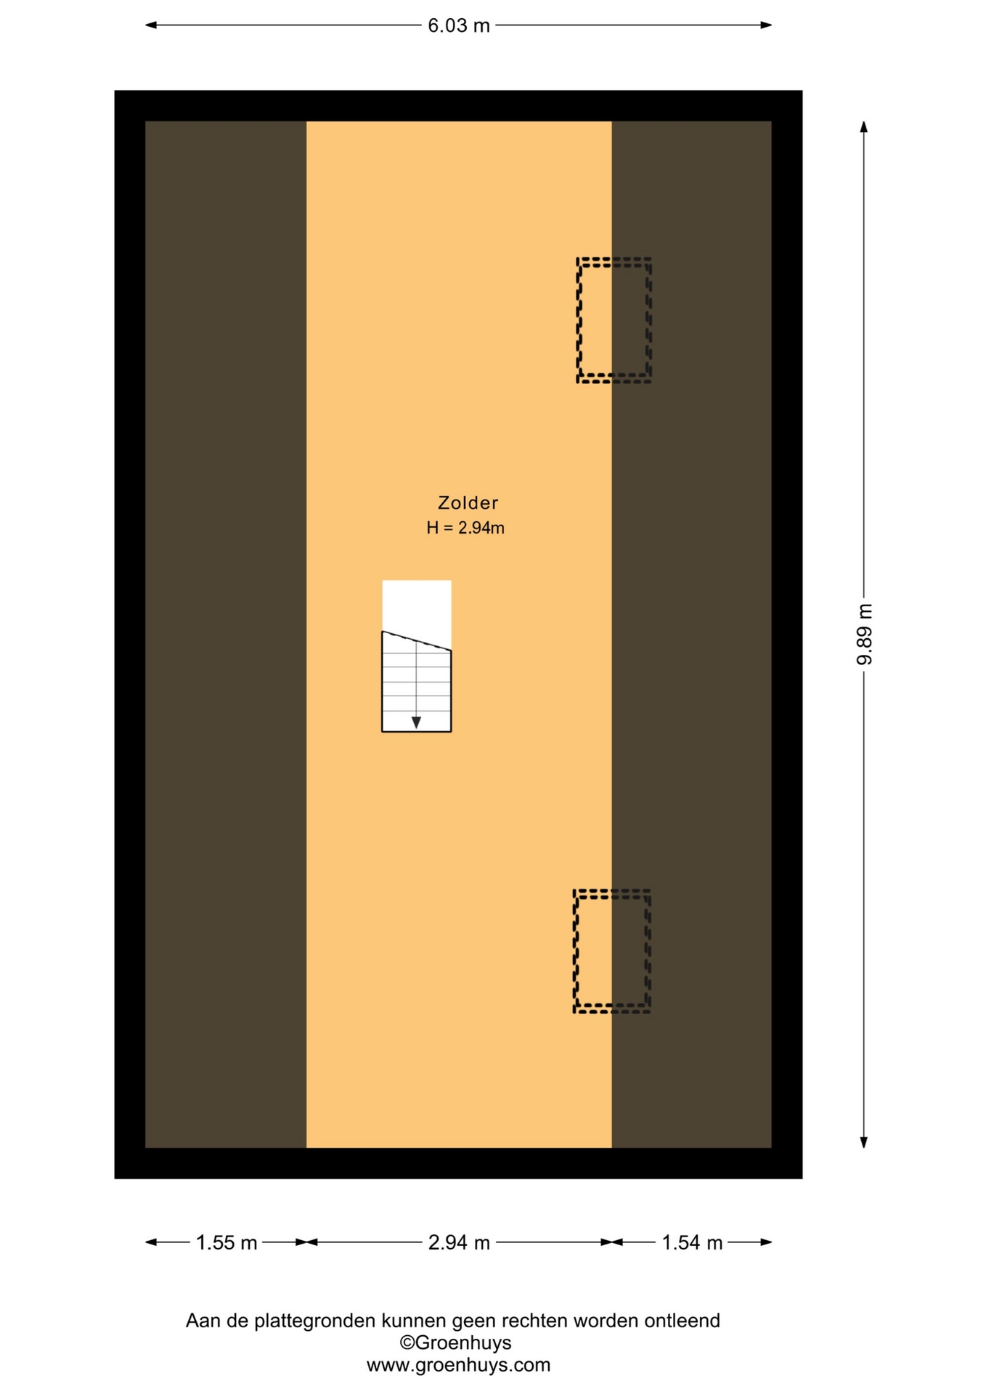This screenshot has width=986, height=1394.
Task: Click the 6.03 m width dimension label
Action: [x=458, y=25]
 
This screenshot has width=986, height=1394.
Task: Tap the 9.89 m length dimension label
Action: [x=864, y=634]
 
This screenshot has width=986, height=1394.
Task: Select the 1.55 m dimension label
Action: [x=227, y=1243]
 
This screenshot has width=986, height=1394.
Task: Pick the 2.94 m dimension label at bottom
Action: [x=459, y=1243]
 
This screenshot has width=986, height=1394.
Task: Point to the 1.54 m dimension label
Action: [x=692, y=1243]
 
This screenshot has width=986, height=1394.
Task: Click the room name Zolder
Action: [x=468, y=502]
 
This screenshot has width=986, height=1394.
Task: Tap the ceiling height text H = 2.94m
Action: [x=465, y=528]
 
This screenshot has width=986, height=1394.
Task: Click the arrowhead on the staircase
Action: [x=416, y=722]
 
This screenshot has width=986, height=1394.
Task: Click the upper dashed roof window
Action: [x=578, y=320]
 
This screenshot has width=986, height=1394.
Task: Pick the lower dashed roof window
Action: [x=575, y=951]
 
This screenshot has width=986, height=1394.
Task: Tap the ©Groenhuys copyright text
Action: [x=455, y=1342]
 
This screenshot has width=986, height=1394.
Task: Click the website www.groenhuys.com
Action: [x=458, y=1365]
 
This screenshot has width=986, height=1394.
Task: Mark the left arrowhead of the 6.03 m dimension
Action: [x=151, y=25]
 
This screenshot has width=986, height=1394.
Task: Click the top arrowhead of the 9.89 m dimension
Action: [x=864, y=127]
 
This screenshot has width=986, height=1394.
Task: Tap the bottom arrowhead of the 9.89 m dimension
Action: [x=864, y=1142]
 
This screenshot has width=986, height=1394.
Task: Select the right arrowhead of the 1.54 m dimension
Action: [x=766, y=1242]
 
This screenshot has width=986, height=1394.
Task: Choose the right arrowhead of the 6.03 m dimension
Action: [x=766, y=25]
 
